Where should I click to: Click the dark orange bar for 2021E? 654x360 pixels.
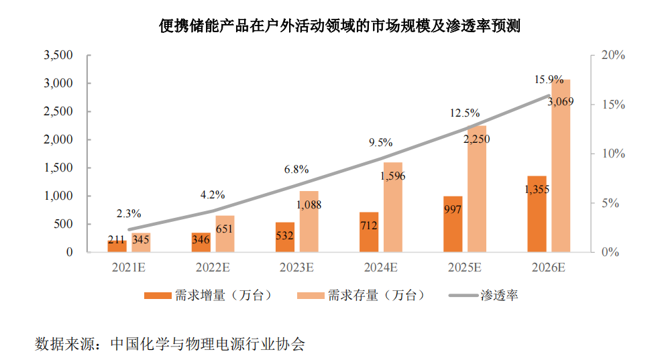(x=117, y=245)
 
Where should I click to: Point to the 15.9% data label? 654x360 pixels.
(x=549, y=80)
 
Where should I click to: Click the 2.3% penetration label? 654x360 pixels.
(x=128, y=214)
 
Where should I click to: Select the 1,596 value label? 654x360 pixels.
(x=393, y=176)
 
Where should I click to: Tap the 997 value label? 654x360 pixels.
(x=453, y=209)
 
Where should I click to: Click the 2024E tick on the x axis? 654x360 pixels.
(x=381, y=267)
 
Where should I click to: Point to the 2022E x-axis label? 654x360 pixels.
(x=213, y=267)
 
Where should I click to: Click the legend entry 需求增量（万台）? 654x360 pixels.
(x=208, y=296)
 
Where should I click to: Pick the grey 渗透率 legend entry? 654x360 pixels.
(x=483, y=296)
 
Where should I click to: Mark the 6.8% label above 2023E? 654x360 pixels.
(x=296, y=170)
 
